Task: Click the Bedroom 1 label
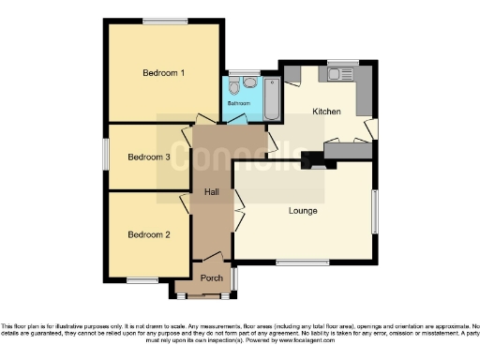[x=163, y=73]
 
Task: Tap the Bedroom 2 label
[x=149, y=234]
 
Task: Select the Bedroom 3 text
[x=149, y=157]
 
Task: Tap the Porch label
[x=210, y=278]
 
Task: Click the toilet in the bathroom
[x=249, y=82]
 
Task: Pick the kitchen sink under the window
[x=337, y=74]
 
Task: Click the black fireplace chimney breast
[x=312, y=162]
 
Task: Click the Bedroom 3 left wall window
[x=105, y=156]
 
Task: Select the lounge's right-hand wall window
[x=375, y=211]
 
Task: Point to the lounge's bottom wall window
[x=299, y=263]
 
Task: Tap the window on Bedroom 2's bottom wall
[x=142, y=280]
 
